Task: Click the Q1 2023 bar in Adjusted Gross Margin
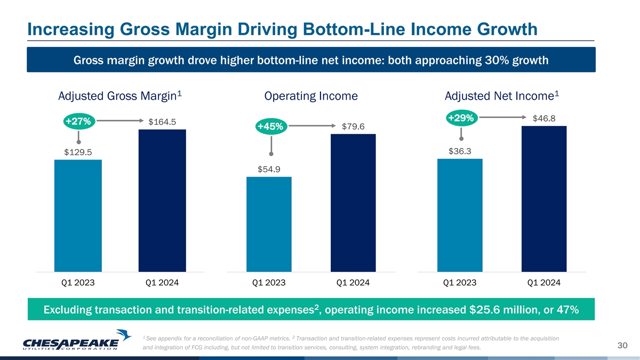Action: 78,215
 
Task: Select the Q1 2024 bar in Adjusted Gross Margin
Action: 162,201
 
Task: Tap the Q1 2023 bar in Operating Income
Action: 269,224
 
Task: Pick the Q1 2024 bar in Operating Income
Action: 353,203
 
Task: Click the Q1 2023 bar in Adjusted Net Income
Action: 460,215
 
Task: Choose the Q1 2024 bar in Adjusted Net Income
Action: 544,198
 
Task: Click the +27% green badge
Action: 78,122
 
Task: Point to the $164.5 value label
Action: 162,122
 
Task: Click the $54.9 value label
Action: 269,170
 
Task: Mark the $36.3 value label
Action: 460,151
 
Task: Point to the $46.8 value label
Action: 544,118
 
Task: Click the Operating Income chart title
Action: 310,97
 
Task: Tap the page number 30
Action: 621,347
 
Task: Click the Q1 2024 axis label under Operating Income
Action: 353,283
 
